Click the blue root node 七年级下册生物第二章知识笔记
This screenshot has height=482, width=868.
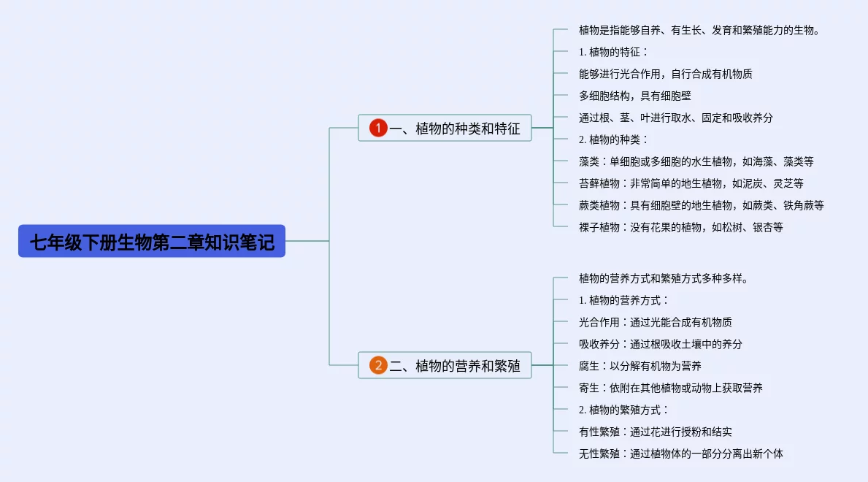152,241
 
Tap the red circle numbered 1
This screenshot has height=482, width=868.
377,129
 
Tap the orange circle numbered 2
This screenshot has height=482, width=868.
377,365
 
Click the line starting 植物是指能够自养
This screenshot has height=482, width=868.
699,30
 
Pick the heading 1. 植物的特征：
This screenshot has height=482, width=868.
613,52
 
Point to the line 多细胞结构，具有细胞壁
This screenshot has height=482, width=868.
634,96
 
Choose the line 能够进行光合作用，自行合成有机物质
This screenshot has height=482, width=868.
665,74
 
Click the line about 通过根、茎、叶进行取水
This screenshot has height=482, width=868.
675,118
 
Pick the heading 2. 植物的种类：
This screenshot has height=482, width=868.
613,139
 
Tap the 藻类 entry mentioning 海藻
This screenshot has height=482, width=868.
696,161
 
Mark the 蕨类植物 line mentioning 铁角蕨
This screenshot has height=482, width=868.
701,205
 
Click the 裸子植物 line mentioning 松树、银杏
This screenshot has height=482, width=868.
680,227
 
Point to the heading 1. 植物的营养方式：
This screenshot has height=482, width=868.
623,300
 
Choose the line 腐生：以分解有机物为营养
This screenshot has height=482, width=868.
640,366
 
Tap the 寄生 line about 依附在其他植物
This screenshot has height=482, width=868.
670,388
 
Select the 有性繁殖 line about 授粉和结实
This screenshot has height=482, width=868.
655,432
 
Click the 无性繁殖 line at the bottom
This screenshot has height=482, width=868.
680,454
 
